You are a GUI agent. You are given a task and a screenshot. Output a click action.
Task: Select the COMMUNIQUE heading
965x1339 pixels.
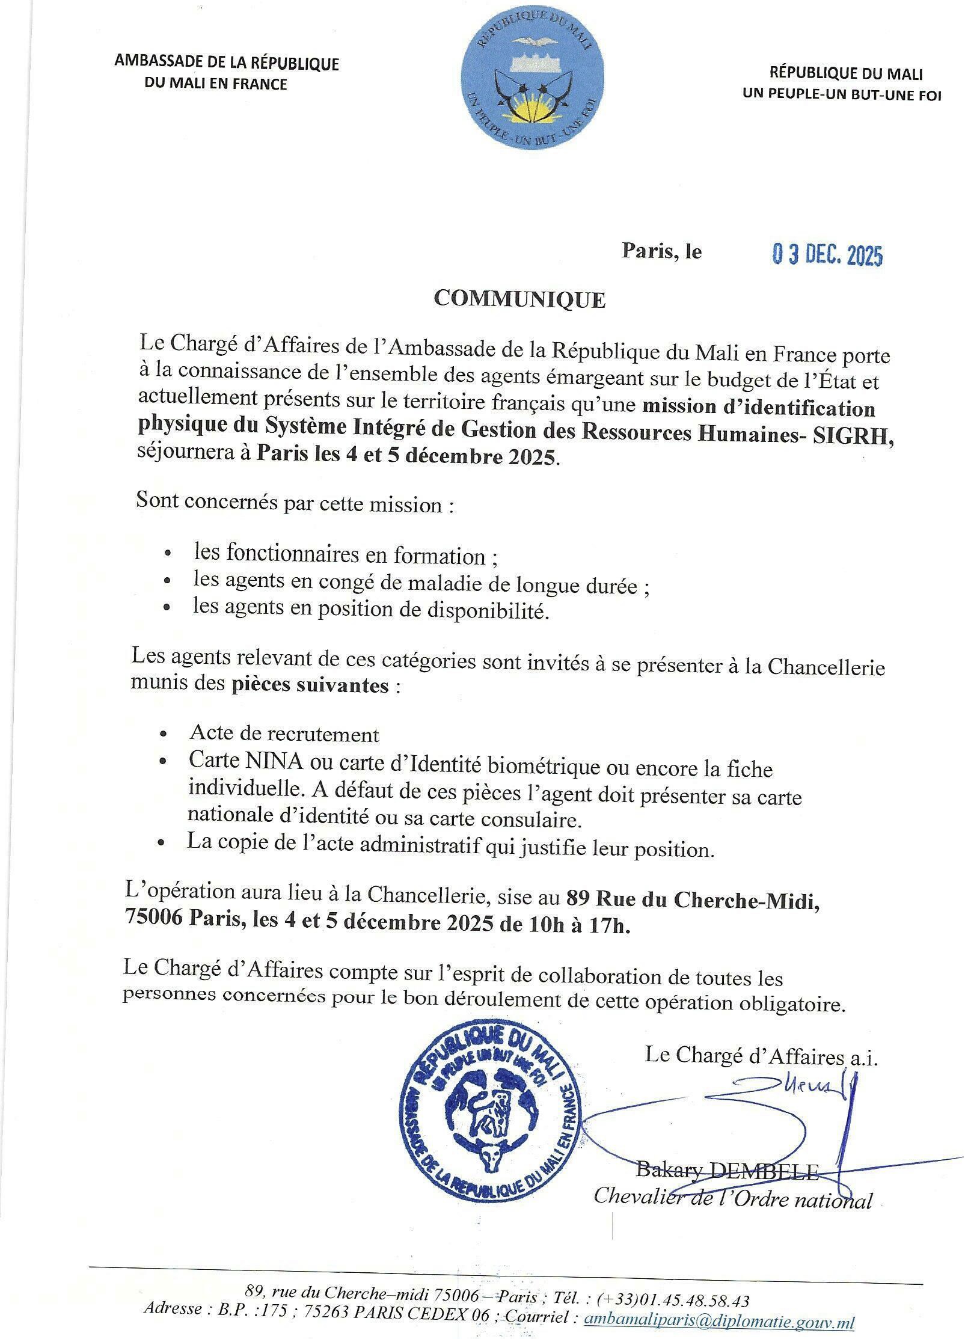519,299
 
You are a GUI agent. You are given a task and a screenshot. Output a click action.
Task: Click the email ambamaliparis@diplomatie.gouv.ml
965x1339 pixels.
719,1319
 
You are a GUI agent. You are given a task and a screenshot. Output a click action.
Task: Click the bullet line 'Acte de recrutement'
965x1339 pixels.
284,734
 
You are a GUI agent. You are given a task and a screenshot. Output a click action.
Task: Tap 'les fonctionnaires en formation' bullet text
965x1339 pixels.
339,556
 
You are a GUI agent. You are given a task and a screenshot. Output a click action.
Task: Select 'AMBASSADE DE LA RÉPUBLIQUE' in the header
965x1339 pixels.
227,63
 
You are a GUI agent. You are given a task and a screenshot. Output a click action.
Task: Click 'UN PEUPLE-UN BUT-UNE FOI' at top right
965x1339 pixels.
842,94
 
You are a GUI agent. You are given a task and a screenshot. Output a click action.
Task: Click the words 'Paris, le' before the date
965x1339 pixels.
661,251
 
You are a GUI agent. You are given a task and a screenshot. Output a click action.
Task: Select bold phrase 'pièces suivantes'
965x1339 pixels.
310,685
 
